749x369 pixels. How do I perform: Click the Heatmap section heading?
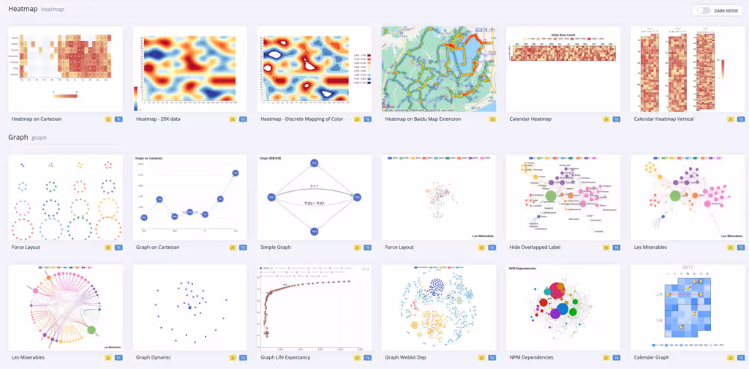[x=23, y=10]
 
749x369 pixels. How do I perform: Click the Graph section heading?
[x=18, y=137]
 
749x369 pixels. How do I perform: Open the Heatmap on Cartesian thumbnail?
[x=64, y=69]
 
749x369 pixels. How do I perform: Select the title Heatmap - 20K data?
[x=162, y=119]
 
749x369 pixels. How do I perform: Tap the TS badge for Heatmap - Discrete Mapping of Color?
[x=367, y=119]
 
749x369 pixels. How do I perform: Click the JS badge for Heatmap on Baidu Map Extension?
[x=492, y=119]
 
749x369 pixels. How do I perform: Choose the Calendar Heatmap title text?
[x=530, y=119]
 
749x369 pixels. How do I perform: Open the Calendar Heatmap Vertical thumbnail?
[x=687, y=69]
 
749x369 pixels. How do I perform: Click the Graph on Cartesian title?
[x=157, y=247]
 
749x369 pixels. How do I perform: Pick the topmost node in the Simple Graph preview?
[x=314, y=163]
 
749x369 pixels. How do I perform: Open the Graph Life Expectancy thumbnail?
[x=314, y=307]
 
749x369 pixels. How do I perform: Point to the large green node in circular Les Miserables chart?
[x=91, y=330]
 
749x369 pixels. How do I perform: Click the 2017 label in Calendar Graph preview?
[x=687, y=269]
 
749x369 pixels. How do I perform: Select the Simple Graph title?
[x=276, y=247]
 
